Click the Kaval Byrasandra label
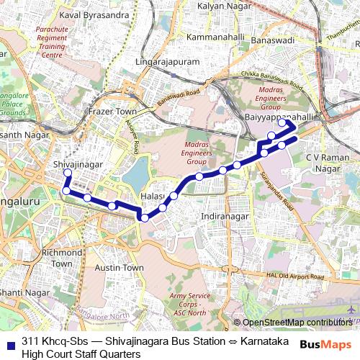point(89,14)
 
